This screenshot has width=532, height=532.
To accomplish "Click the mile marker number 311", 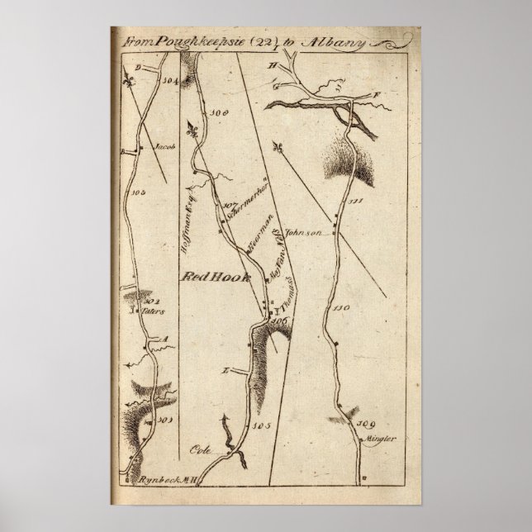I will coord(356,202).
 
